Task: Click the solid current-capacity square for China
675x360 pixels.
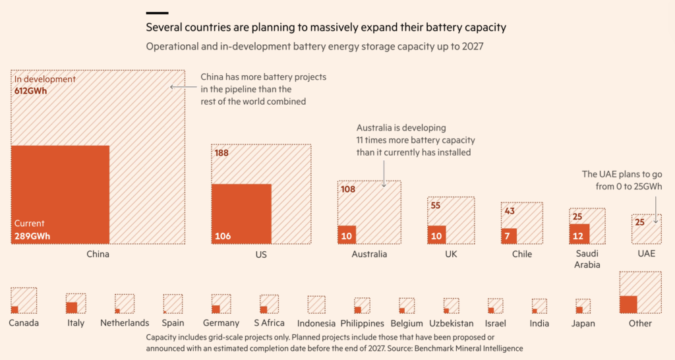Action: click(x=60, y=195)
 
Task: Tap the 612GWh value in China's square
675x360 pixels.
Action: click(x=31, y=91)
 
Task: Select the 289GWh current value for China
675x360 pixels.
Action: click(x=32, y=235)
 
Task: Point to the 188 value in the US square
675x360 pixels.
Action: click(x=221, y=153)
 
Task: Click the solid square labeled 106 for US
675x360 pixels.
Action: click(x=241, y=214)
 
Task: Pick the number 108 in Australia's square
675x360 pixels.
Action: click(x=347, y=189)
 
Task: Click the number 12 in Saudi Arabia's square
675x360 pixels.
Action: click(x=577, y=236)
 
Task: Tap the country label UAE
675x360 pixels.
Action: click(x=646, y=254)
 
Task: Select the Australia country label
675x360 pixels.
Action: click(x=369, y=254)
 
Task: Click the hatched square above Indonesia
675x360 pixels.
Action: click(x=316, y=305)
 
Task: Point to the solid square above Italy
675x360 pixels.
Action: click(x=71, y=307)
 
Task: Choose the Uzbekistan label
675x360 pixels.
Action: click(x=451, y=323)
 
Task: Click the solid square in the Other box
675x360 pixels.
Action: click(x=628, y=304)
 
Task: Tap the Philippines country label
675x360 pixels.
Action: click(x=362, y=323)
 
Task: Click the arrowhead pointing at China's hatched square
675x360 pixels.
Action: click(x=173, y=86)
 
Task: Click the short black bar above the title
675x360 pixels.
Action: click(x=156, y=13)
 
